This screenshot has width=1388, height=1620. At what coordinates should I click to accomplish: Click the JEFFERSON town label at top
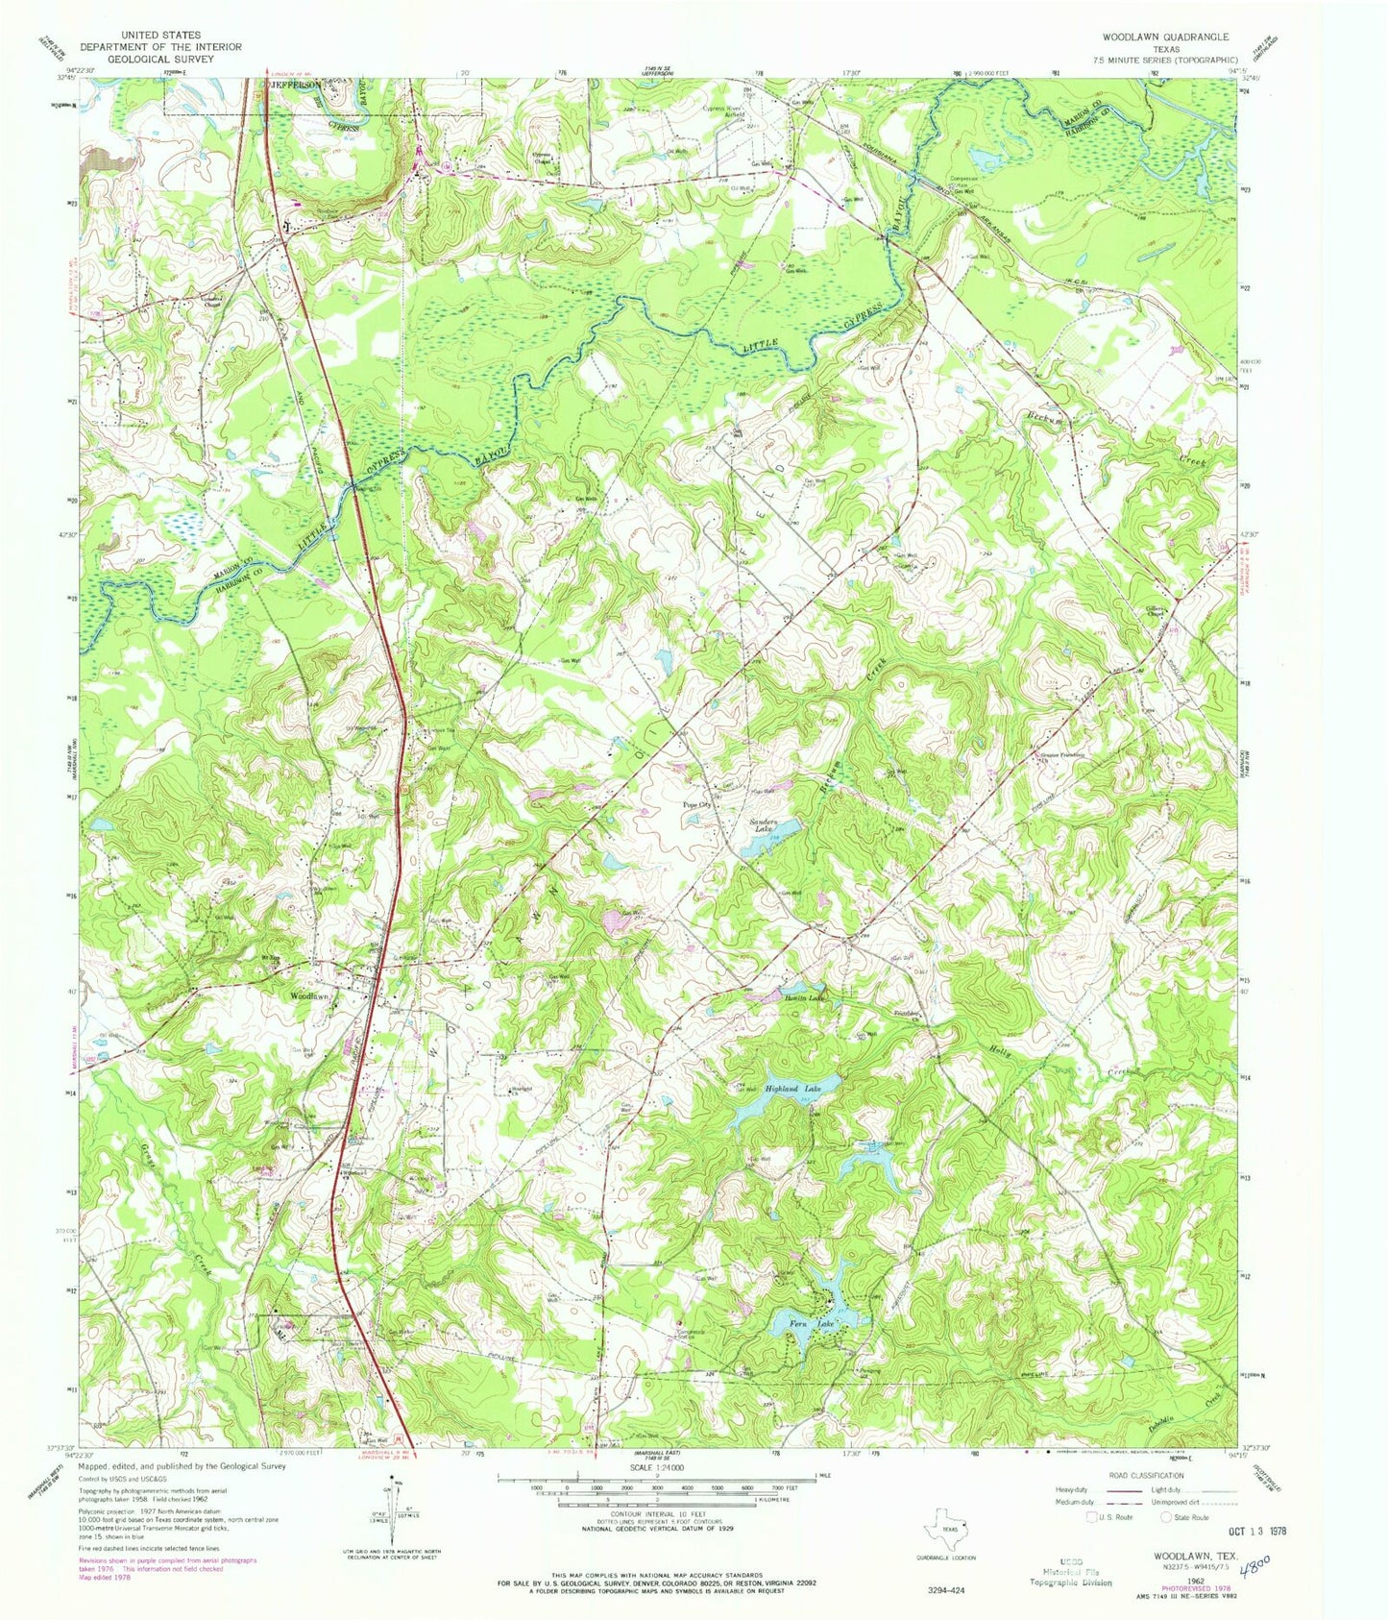(296, 85)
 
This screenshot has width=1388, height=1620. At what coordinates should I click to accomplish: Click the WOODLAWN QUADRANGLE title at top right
(1167, 37)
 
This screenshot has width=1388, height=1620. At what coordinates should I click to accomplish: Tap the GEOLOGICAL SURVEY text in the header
(160, 57)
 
